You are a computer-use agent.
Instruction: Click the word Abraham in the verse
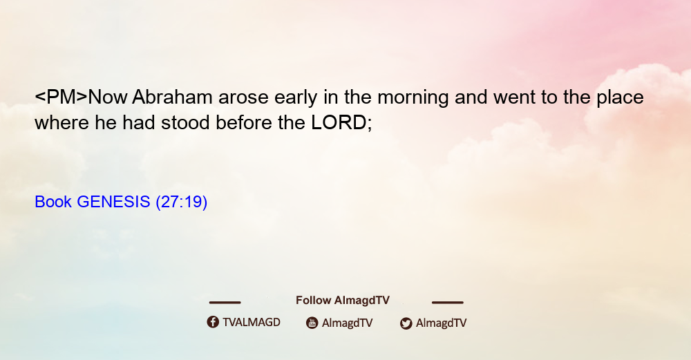(x=172, y=97)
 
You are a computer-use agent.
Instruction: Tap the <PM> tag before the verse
(x=61, y=97)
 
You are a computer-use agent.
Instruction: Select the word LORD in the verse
(x=339, y=122)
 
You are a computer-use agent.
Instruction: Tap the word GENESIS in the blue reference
(x=113, y=202)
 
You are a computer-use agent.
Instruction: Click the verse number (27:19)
(x=182, y=202)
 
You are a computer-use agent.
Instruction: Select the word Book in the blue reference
(x=53, y=202)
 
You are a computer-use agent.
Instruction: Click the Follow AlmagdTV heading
(x=343, y=300)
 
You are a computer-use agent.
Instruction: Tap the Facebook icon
(x=213, y=322)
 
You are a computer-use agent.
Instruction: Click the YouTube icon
(x=312, y=323)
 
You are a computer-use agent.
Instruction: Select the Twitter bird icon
(x=406, y=323)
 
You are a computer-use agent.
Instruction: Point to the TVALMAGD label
(x=252, y=322)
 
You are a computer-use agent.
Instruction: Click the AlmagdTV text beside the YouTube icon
(x=348, y=323)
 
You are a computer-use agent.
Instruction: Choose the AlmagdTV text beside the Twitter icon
(x=441, y=323)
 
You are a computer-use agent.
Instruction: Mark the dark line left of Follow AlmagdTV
(x=225, y=302)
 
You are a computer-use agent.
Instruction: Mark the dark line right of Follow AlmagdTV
(x=448, y=302)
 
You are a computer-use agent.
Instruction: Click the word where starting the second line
(x=61, y=123)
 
